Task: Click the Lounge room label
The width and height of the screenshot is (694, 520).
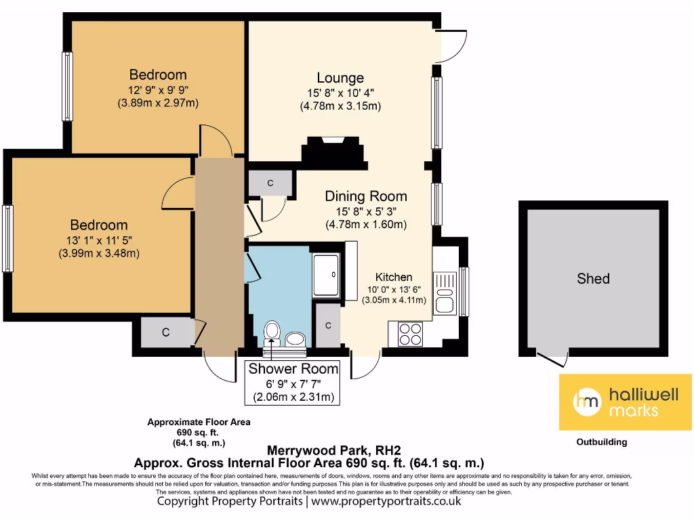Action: tap(340, 78)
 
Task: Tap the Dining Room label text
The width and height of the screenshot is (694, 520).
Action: tap(366, 196)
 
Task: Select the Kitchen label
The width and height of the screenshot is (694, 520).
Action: tap(394, 277)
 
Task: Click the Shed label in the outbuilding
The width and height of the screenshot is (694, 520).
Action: tap(593, 278)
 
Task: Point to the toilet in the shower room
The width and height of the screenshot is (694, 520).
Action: tap(272, 332)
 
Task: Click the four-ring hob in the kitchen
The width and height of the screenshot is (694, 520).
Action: tap(409, 333)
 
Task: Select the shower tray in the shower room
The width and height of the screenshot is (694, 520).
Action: tap(326, 274)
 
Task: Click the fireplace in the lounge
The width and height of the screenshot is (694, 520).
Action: tap(335, 152)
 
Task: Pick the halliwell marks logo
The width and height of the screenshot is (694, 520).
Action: tap(625, 402)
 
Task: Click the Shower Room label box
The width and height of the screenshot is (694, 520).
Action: tap(293, 382)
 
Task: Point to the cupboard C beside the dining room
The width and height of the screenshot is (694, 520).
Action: tap(270, 183)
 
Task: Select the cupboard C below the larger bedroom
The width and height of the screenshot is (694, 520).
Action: tap(165, 332)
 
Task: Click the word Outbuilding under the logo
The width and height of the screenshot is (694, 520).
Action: tap(601, 442)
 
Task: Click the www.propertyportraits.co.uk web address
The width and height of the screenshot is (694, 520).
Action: tap(386, 502)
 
